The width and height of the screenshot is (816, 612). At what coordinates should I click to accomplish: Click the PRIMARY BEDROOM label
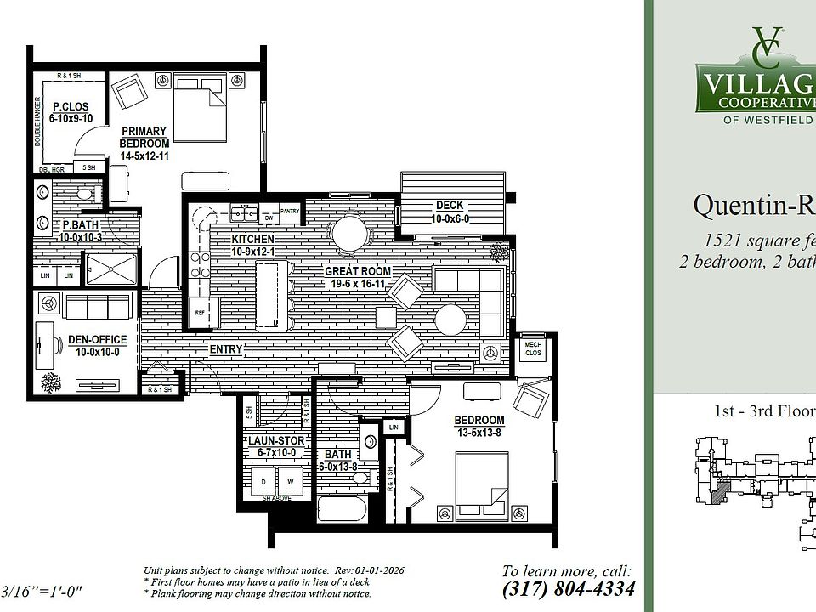[x=144, y=138]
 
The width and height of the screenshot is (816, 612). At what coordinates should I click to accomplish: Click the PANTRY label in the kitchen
[x=289, y=210]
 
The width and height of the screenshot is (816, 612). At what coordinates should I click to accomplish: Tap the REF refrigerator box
[x=201, y=312]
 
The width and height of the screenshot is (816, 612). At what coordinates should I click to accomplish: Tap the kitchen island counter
[x=269, y=294]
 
